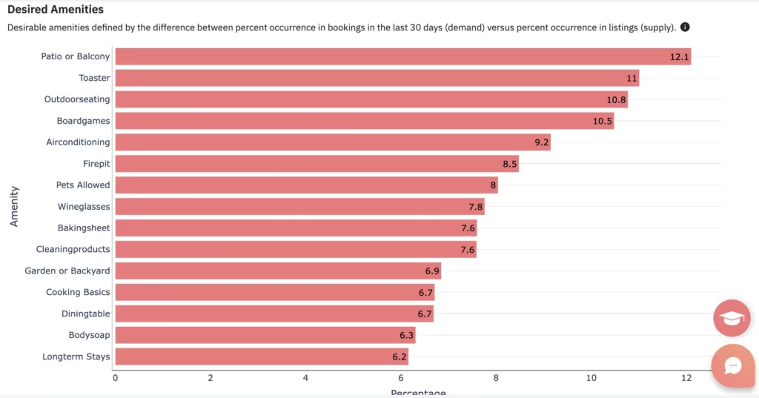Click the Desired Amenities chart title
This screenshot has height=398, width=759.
tap(56, 10)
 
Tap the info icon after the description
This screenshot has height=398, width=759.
tap(685, 27)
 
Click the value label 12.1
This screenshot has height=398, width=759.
tap(680, 56)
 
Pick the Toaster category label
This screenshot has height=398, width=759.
tap(94, 78)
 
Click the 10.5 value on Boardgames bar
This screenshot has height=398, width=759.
tap(603, 121)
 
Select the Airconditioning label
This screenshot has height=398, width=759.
tap(78, 142)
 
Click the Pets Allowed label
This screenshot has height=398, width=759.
tap(83, 185)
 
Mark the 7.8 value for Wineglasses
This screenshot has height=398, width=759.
tap(476, 207)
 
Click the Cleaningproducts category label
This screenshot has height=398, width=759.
tap(73, 250)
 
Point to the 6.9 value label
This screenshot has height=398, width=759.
tap(433, 271)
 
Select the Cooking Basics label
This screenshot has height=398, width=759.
tap(78, 293)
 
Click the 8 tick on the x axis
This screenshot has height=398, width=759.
tap(496, 378)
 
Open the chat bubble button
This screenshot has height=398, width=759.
tap(732, 365)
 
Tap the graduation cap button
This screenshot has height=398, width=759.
tap(732, 319)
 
